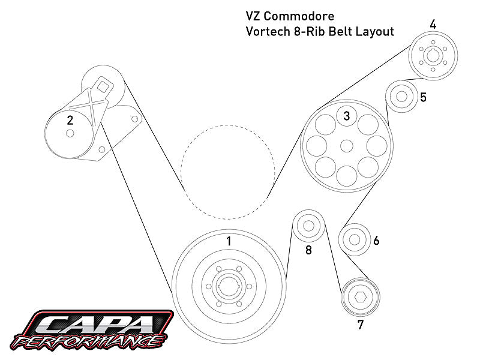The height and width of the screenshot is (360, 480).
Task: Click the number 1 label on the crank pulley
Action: point(228,241)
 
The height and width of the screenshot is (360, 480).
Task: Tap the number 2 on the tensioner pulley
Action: point(70,120)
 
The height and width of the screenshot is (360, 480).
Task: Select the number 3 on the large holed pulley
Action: point(346,116)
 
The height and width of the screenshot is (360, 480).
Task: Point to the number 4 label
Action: point(433,25)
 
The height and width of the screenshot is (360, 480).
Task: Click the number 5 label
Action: point(423,97)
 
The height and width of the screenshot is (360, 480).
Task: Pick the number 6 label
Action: point(376,241)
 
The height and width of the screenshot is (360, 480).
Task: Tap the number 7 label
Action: point(360,326)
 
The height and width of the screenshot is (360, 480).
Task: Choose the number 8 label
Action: point(308,250)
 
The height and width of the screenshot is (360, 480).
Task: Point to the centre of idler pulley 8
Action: point(308,226)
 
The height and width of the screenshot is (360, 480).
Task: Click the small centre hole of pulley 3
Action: point(346,146)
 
